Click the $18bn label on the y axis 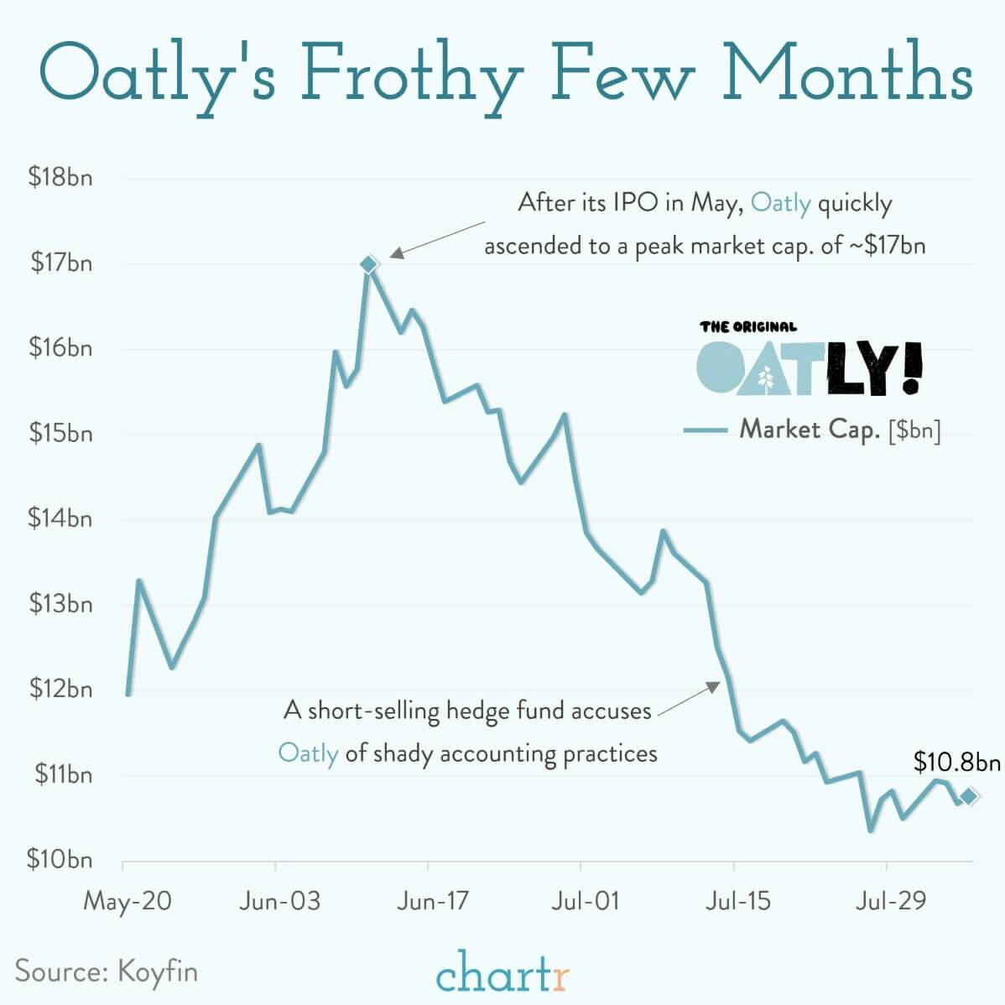tap(60, 178)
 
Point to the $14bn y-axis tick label tap(60, 518)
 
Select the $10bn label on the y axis tap(60, 859)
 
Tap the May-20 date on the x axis tap(128, 901)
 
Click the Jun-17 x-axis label tap(432, 901)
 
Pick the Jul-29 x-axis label tap(891, 901)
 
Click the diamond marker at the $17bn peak tap(368, 264)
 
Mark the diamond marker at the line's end tap(968, 796)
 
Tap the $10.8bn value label tap(956, 762)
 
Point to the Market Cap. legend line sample tap(705, 430)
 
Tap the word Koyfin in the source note tap(158, 971)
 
